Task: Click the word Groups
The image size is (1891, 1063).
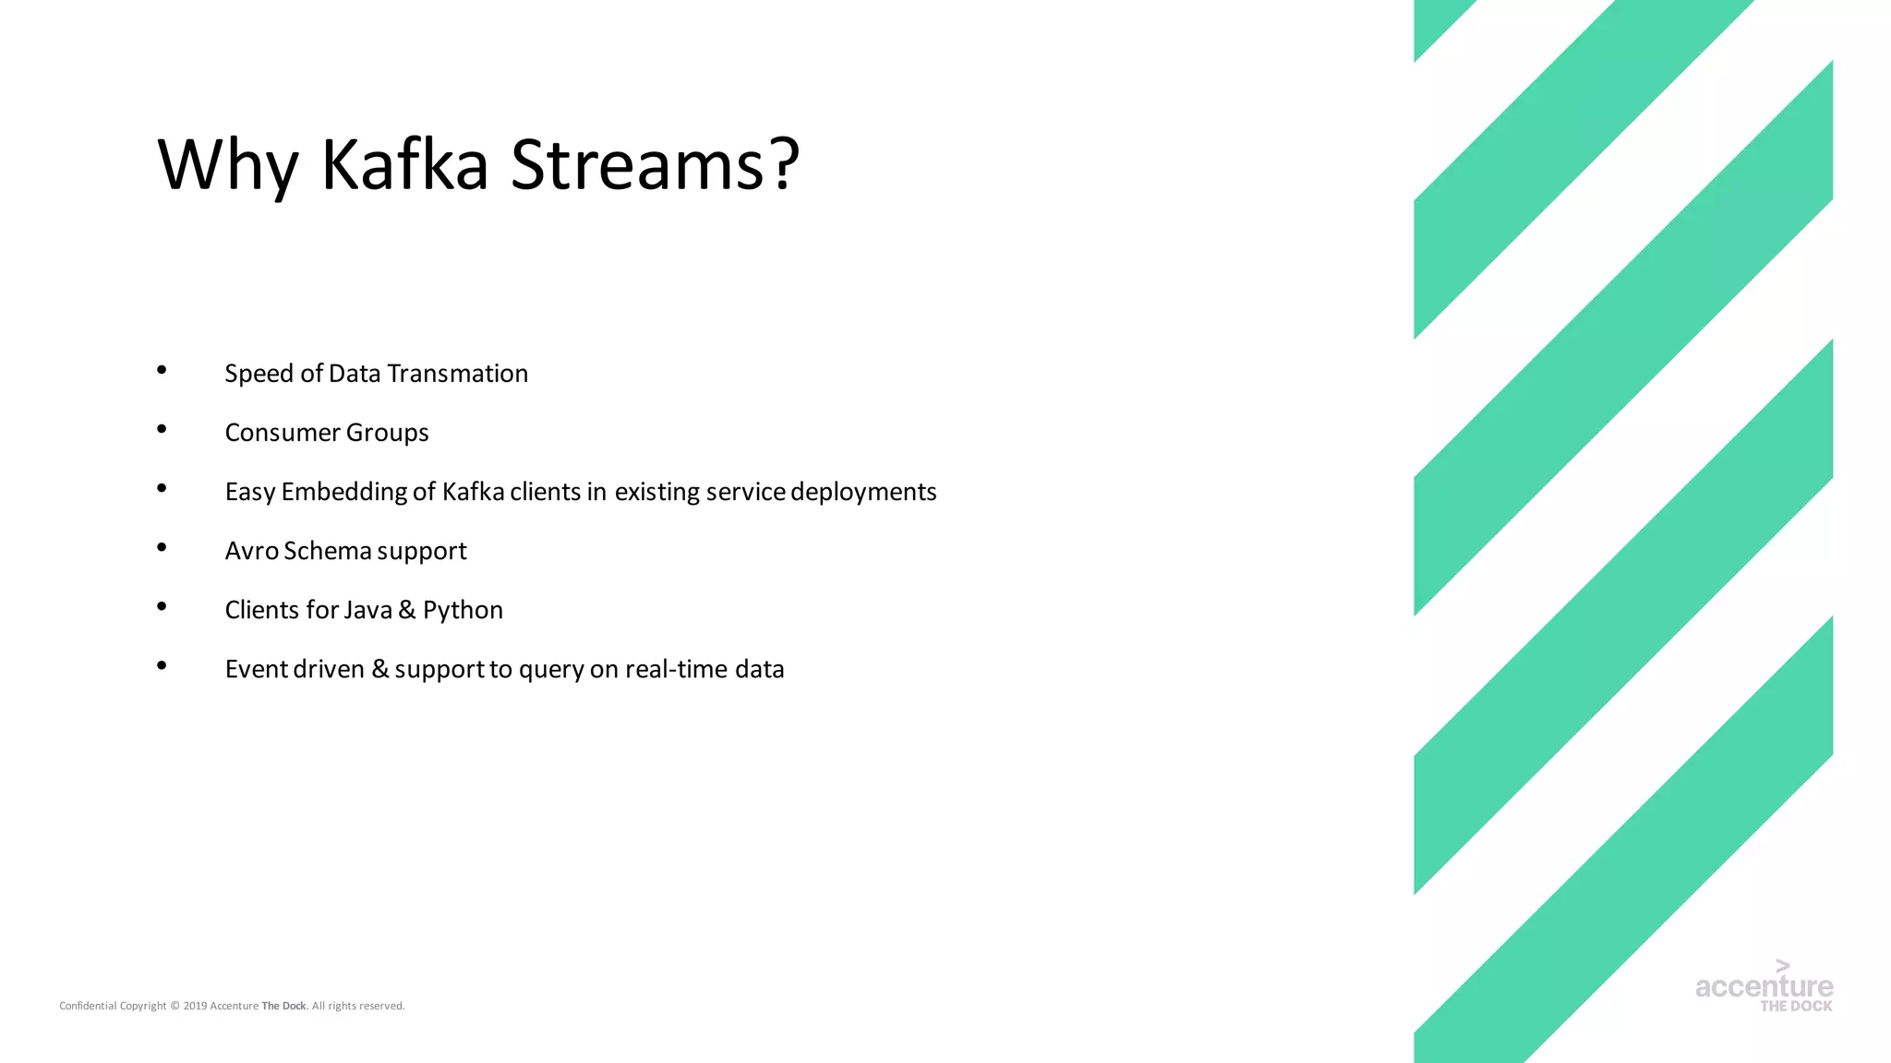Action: tap(387, 433)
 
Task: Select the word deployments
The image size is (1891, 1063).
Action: tap(863, 492)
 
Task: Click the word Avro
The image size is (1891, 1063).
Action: tap(251, 551)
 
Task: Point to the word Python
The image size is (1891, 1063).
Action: tap(463, 611)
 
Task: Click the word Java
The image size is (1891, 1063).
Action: tap(367, 610)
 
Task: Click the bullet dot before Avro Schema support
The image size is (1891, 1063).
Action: tap(162, 547)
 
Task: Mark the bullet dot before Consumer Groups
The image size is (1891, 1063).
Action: tap(162, 429)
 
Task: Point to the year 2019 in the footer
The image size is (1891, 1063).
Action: tap(195, 1006)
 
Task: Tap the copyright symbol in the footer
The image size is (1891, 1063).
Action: tap(175, 1006)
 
